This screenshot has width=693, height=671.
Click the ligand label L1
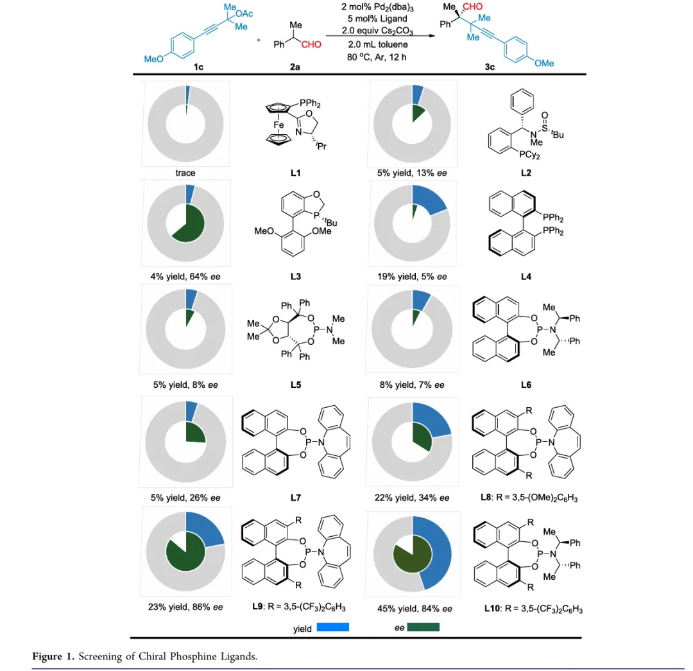(x=295, y=173)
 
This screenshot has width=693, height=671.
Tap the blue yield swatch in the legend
(x=332, y=627)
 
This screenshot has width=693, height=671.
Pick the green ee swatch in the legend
(x=423, y=627)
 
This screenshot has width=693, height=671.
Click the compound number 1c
(x=198, y=66)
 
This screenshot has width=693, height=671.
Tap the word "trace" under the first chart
(x=186, y=173)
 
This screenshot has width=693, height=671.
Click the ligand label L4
(x=526, y=277)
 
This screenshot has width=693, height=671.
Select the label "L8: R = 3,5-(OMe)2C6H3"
(x=533, y=498)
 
